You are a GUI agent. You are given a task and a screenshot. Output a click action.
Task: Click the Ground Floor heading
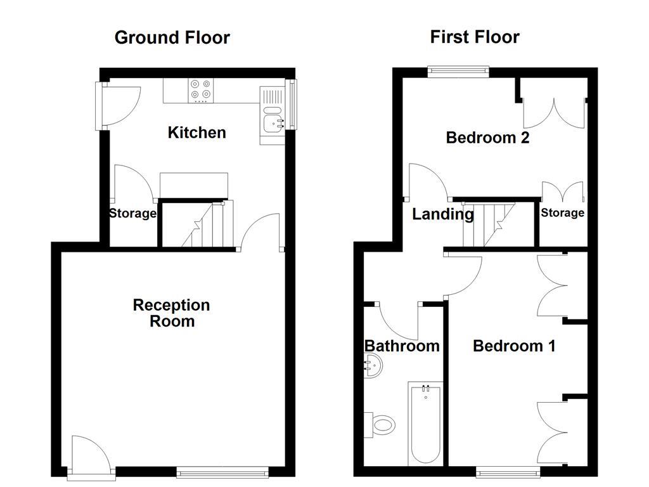[x=172, y=37]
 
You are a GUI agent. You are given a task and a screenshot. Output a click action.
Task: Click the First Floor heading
[x=475, y=37]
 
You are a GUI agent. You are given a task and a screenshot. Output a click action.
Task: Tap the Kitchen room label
[x=196, y=133]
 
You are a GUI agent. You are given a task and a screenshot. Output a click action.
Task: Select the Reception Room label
[x=171, y=313]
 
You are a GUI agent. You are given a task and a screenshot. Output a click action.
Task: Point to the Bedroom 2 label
[x=487, y=138]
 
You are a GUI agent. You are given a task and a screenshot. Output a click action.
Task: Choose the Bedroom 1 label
[x=514, y=346]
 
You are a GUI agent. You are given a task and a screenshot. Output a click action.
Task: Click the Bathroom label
[x=402, y=346]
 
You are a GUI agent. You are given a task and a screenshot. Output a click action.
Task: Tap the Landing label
[x=443, y=214]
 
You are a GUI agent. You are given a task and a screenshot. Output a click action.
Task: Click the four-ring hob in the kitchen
[x=202, y=91]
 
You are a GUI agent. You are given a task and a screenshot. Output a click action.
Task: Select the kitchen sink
[x=274, y=120]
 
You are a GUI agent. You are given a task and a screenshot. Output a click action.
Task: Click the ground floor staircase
[x=209, y=225]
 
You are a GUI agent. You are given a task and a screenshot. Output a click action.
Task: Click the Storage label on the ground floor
[x=132, y=214]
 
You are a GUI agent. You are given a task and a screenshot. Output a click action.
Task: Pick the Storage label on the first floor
[x=562, y=213]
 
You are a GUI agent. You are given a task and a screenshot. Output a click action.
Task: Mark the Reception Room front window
[x=222, y=471]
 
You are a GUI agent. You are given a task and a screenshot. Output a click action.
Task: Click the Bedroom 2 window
[x=458, y=70]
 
